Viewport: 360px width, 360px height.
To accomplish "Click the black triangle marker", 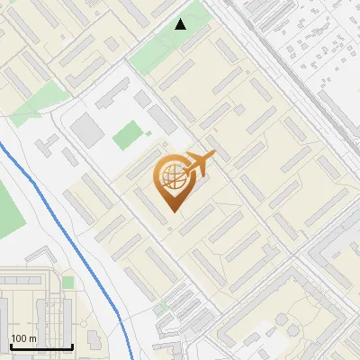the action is (181, 23).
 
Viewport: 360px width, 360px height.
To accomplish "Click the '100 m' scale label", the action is (23, 338).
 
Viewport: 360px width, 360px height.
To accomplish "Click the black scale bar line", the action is (40, 347).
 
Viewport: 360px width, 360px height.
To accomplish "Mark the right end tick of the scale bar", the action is (72, 346).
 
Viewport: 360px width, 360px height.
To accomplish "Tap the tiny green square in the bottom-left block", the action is (67, 282).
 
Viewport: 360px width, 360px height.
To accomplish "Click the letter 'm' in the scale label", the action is (33, 338).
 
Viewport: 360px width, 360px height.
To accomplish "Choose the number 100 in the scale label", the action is (19, 338).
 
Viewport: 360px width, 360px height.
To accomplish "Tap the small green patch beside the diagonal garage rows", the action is (163, 307).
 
